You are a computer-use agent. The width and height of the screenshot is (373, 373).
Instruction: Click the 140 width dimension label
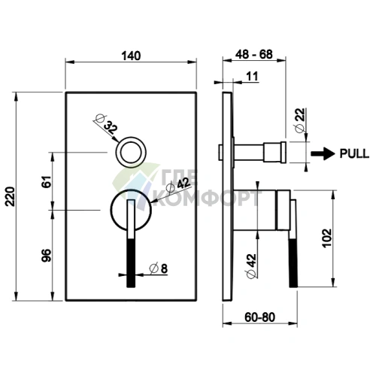click(131, 56)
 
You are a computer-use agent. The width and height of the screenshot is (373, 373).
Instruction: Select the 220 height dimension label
click(11, 196)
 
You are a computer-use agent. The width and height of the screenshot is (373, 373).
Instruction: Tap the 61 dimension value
click(47, 181)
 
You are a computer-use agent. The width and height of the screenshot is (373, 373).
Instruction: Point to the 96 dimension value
click(47, 255)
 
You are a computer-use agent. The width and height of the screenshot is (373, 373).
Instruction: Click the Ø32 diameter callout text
click(107, 123)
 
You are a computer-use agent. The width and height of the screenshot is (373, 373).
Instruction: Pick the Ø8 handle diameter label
click(159, 268)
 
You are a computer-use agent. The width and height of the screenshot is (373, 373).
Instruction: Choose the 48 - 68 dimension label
click(254, 54)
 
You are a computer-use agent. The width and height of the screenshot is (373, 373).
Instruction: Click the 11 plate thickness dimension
click(252, 76)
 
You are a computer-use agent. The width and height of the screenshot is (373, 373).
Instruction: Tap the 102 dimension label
click(326, 238)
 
